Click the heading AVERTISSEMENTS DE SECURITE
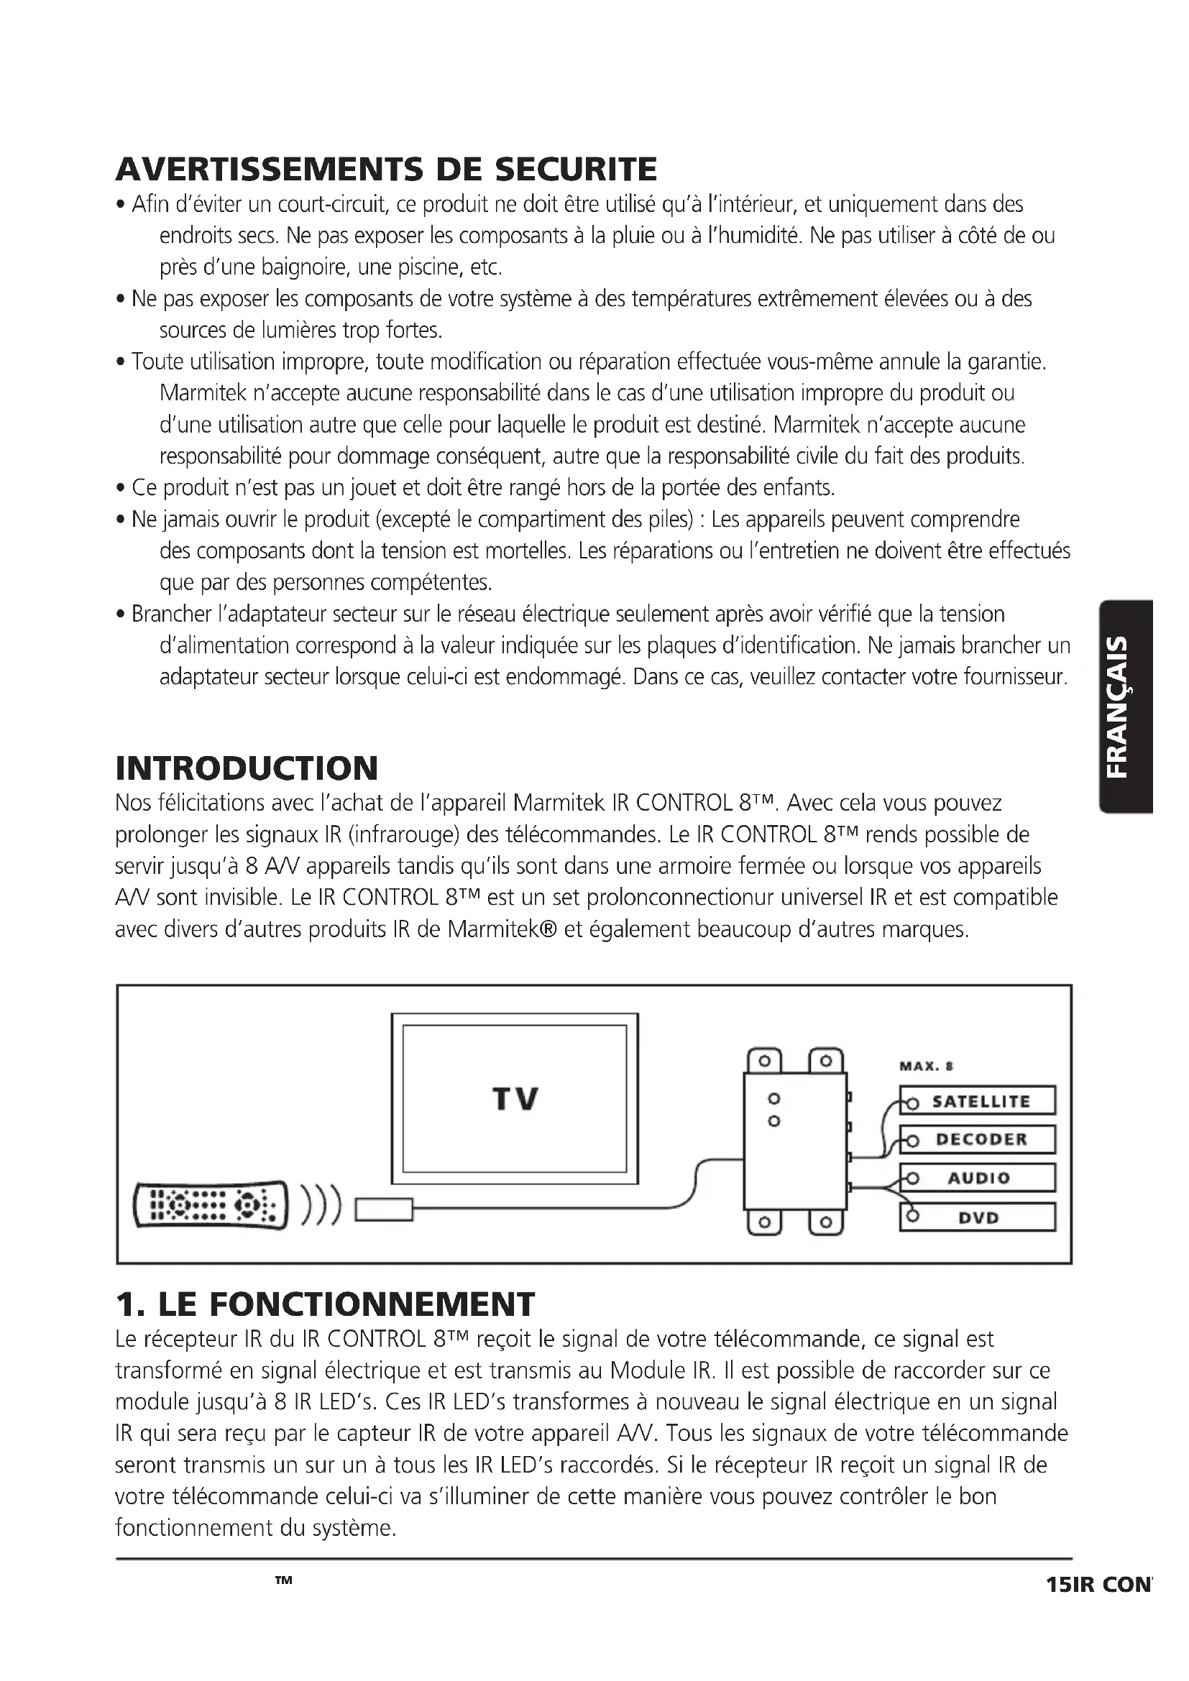[386, 169]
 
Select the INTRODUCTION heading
[247, 768]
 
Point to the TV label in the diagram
[515, 1099]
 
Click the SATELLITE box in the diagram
[978, 1101]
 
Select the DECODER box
[978, 1139]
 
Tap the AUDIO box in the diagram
[978, 1178]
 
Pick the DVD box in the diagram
[978, 1217]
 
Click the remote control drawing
[209, 1205]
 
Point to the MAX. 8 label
[926, 1067]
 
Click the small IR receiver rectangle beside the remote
[385, 1209]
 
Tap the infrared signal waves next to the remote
[321, 1205]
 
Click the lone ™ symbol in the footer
[283, 1581]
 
